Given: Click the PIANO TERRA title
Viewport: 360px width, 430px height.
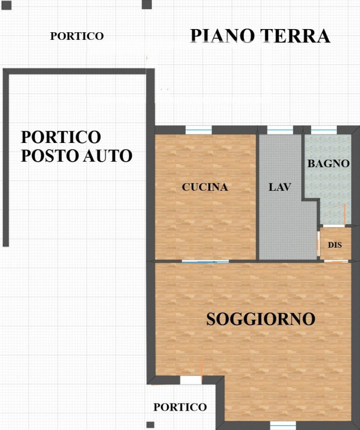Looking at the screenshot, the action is pyautogui.click(x=260, y=36).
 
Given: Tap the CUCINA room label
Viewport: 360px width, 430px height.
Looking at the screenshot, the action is pyautogui.click(x=205, y=187).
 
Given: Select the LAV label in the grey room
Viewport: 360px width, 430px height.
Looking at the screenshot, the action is pyautogui.click(x=279, y=187).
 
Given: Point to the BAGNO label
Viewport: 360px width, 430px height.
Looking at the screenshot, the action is pyautogui.click(x=328, y=163).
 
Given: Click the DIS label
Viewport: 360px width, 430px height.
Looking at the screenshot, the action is pyautogui.click(x=335, y=245).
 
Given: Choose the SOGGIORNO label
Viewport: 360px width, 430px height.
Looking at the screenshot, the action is pyautogui.click(x=260, y=319).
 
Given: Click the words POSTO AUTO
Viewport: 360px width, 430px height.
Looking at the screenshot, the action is pyautogui.click(x=76, y=156).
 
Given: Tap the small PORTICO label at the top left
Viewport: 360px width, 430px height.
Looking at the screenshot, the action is pyautogui.click(x=77, y=36).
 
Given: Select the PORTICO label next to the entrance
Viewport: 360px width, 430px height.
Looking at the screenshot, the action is pyautogui.click(x=180, y=407).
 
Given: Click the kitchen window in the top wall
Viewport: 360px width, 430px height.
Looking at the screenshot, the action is pyautogui.click(x=199, y=130).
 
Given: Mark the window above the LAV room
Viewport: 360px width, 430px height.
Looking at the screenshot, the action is pyautogui.click(x=280, y=130).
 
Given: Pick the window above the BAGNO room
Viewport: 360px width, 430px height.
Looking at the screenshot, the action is pyautogui.click(x=324, y=130).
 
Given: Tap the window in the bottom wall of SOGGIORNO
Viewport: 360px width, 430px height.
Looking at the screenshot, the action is pyautogui.click(x=283, y=425).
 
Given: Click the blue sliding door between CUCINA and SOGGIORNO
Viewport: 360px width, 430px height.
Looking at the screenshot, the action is pyautogui.click(x=205, y=261).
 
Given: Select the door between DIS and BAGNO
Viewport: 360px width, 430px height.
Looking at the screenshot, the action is pyautogui.click(x=334, y=226).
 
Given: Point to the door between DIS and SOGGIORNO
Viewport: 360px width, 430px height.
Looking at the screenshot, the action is pyautogui.click(x=336, y=261).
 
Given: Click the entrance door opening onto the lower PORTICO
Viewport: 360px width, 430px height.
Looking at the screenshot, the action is pyautogui.click(x=191, y=380).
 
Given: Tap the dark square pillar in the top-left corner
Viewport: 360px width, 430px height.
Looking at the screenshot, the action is pyautogui.click(x=6, y=5).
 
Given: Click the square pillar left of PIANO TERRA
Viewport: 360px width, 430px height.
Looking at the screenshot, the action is pyautogui.click(x=146, y=4).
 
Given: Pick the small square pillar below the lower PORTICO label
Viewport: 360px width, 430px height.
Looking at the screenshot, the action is pyautogui.click(x=150, y=425).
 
